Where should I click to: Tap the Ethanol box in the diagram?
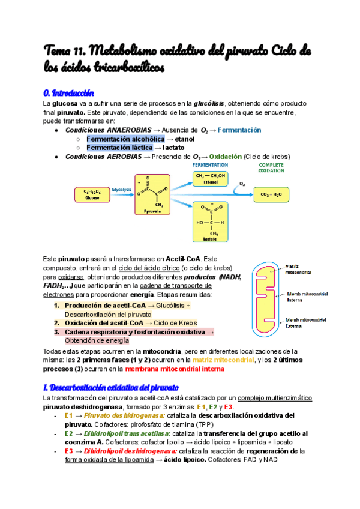[x=211, y=178]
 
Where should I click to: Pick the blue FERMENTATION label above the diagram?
[x=210, y=164]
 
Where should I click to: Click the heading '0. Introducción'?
[x=69, y=94]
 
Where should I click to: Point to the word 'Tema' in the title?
[x=58, y=50]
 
